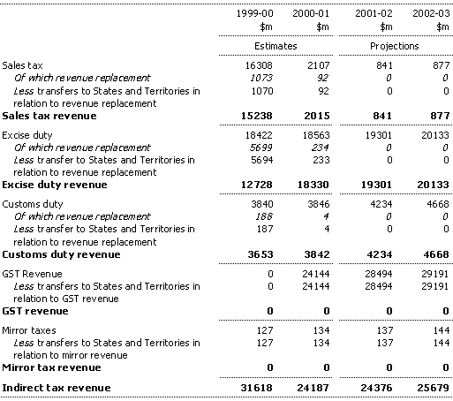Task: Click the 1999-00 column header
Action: click(255, 13)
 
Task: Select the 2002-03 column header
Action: click(431, 13)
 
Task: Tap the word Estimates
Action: click(276, 46)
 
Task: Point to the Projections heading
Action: click(395, 46)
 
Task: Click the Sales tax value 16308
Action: click(259, 65)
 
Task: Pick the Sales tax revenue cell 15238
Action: click(257, 116)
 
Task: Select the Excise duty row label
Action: click(27, 135)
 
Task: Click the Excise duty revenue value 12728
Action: click(257, 185)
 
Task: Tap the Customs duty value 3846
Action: click(319, 204)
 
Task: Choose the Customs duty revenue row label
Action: click(61, 254)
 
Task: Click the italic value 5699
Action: click(261, 148)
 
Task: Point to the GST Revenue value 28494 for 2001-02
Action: click(379, 274)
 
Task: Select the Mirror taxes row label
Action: click(29, 330)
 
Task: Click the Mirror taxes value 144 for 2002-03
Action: click(442, 330)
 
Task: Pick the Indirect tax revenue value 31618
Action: click(257, 388)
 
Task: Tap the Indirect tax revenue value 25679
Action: click(433, 388)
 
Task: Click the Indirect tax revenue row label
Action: click(57, 388)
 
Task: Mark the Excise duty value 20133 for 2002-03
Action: click(435, 135)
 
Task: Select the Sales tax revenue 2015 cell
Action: click(317, 116)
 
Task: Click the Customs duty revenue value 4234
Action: click(380, 254)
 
